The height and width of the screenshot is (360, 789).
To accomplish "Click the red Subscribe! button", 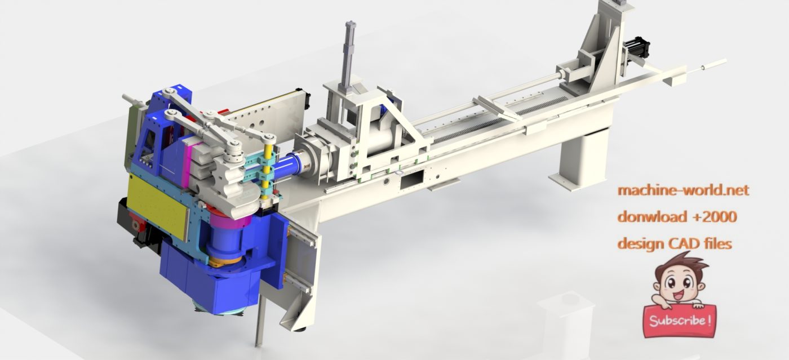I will click(x=680, y=321).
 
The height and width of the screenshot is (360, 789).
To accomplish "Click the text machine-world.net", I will click(x=683, y=190).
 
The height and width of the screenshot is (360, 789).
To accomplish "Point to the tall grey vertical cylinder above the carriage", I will click(x=349, y=54).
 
